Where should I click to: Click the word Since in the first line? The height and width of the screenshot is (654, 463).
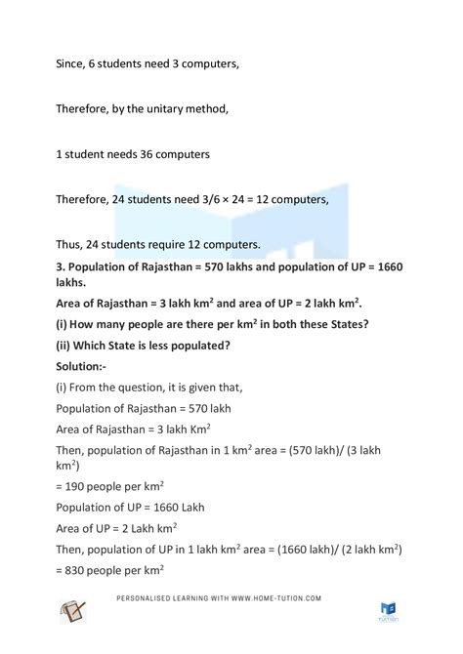71,64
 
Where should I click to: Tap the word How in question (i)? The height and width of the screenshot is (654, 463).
91,325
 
